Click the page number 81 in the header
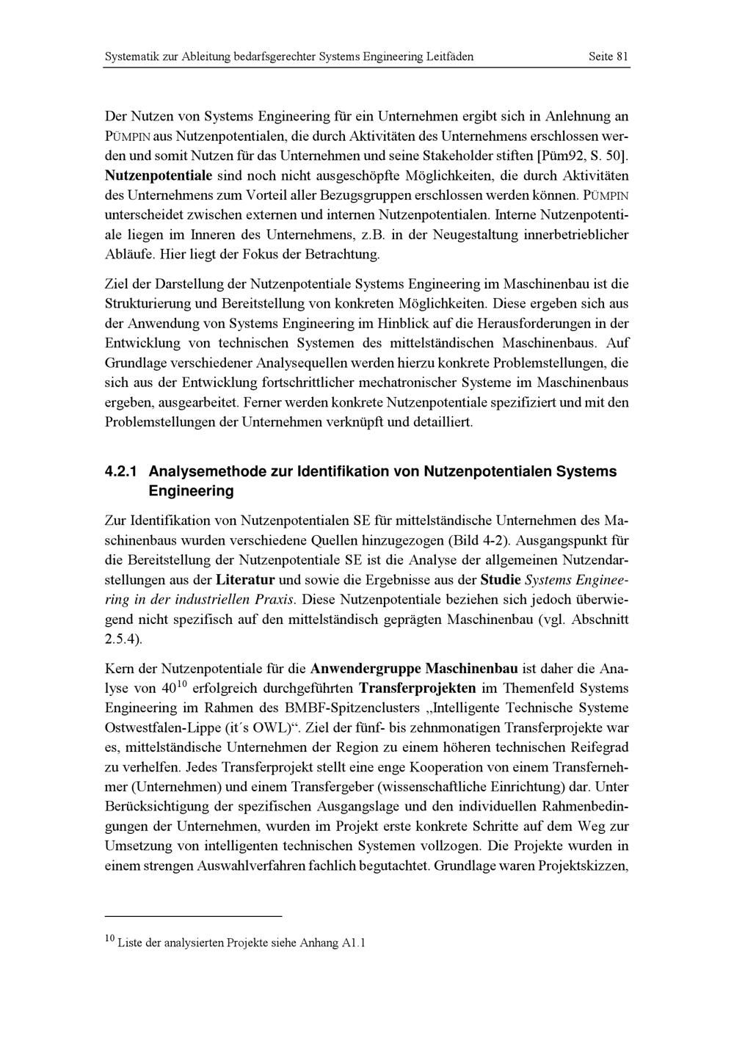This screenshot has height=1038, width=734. click(x=622, y=57)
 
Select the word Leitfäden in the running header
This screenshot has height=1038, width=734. click(x=450, y=57)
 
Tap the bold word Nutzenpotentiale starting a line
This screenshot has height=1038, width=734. click(x=159, y=176)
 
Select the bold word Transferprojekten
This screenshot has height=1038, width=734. click(x=418, y=689)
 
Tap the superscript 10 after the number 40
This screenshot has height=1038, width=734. click(x=183, y=685)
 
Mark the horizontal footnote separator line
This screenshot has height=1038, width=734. click(x=194, y=916)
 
